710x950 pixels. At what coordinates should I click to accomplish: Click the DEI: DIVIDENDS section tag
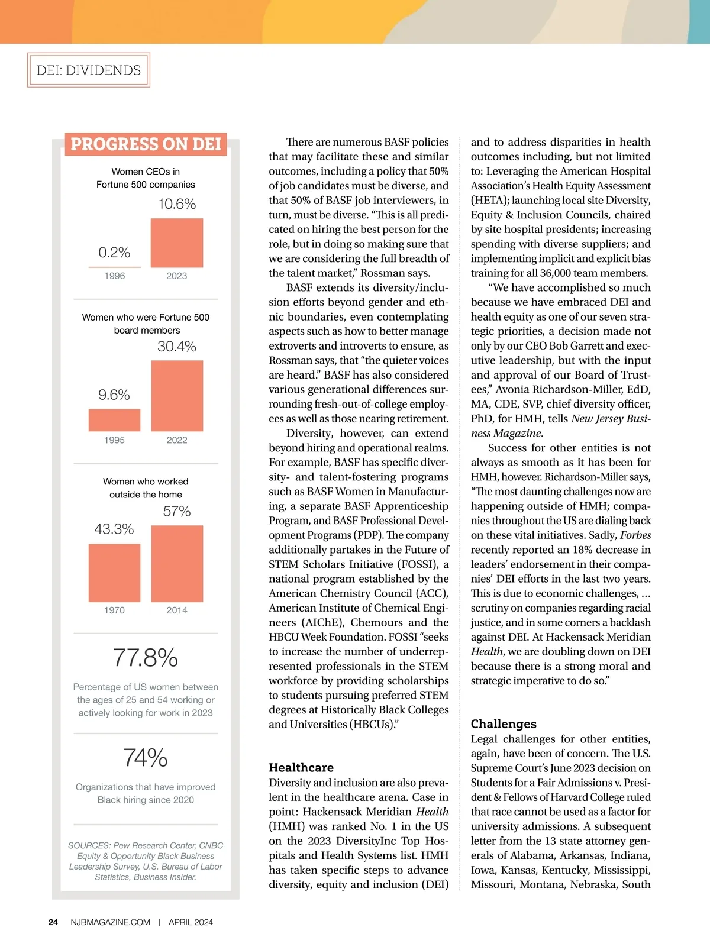coord(89,70)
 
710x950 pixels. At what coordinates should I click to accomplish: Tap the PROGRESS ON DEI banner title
coord(146,144)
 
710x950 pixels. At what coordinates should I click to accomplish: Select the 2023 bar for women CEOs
coord(177,243)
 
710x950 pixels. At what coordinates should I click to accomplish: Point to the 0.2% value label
coord(114,253)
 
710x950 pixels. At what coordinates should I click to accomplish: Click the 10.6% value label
coord(177,204)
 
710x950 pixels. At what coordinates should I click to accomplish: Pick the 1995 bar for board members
coord(114,420)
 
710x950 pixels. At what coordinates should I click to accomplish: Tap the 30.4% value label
coord(177,347)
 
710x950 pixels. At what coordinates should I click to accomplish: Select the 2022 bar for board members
coord(177,396)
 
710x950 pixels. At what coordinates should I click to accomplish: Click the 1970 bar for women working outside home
coord(114,573)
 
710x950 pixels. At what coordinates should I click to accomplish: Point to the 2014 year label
coord(177,610)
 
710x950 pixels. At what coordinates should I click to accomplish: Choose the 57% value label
coord(177,512)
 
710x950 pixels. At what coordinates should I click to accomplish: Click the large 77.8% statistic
coord(146,658)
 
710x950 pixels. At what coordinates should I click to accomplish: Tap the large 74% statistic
coord(146,758)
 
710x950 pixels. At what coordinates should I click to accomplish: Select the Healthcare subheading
coord(301,768)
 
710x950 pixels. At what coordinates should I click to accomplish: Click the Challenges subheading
coord(504,724)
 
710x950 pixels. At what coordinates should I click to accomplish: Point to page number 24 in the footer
coord(53,922)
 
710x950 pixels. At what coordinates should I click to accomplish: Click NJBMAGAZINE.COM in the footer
coord(110,922)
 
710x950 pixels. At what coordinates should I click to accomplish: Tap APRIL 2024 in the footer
coord(191,922)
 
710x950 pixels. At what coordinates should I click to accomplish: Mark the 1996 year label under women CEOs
coord(114,276)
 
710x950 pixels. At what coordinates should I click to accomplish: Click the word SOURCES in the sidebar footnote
coord(89,845)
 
